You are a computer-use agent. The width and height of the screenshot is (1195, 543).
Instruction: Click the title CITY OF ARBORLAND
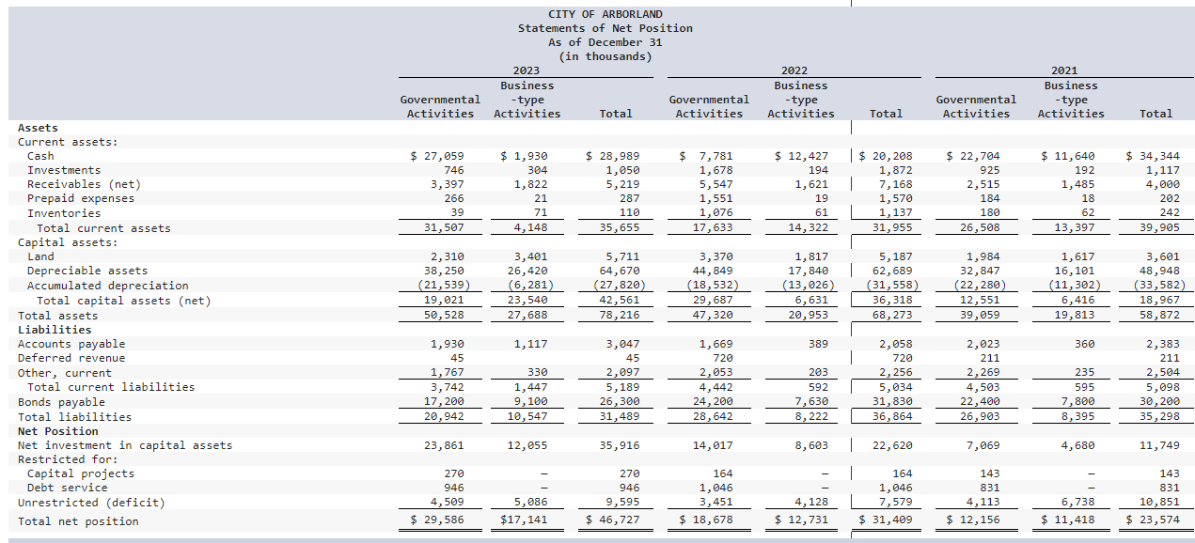tap(605, 14)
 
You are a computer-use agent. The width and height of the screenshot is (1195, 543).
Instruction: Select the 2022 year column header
tap(794, 70)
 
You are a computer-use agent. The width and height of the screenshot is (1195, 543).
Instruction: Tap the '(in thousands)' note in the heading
tap(605, 56)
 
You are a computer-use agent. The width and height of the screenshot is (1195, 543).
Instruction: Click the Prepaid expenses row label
tap(81, 198)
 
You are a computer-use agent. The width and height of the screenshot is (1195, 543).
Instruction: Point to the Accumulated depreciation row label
tap(107, 286)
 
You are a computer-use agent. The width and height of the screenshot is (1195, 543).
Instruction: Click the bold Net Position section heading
tap(57, 431)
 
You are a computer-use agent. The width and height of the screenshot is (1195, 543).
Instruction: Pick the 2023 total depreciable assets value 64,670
tap(616, 271)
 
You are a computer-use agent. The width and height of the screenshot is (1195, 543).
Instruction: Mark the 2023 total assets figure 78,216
tap(616, 316)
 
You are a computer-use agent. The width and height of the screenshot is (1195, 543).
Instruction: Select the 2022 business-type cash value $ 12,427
tap(802, 156)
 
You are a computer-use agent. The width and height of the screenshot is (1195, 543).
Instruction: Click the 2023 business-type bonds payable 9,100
tap(531, 402)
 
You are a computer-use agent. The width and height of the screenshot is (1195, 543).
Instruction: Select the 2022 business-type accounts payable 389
tap(818, 344)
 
